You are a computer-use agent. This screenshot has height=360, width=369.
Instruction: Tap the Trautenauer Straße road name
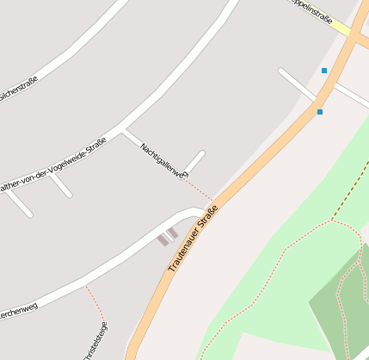click(187, 239)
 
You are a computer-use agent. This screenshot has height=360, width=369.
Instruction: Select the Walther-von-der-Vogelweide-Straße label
click(53, 165)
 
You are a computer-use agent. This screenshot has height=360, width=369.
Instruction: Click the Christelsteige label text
click(95, 343)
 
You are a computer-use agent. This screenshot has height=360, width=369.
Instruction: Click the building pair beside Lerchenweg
click(168, 237)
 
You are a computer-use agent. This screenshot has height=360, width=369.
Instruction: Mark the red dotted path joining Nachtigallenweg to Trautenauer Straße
click(198, 189)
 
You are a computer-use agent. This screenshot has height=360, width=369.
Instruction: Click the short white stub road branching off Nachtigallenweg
click(194, 161)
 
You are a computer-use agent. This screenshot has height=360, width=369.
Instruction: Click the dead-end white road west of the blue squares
click(297, 84)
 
